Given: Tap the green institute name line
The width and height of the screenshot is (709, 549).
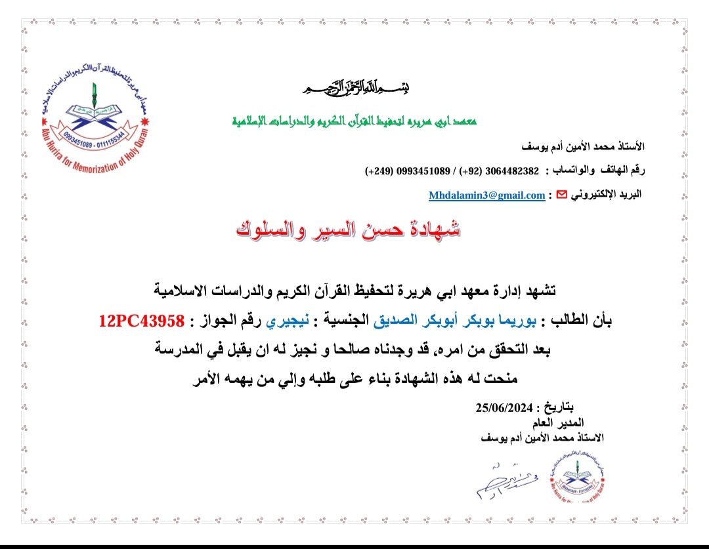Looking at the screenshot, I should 354,122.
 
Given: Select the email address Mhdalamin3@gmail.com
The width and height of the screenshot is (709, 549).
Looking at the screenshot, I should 486,195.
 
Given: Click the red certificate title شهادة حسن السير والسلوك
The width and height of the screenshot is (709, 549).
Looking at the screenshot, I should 348,229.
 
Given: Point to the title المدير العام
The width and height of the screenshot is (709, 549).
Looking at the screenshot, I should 559,422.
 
